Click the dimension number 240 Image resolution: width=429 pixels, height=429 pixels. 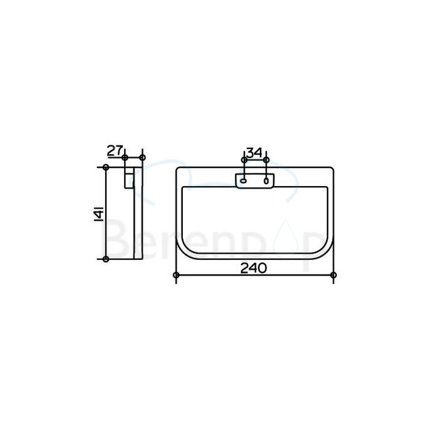pyautogui.click(x=253, y=268)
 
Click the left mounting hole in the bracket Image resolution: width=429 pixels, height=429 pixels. pyautogui.click(x=244, y=182)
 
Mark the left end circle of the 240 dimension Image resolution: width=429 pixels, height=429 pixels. pyautogui.click(x=176, y=276)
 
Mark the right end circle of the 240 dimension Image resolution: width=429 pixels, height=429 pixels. pyautogui.click(x=333, y=276)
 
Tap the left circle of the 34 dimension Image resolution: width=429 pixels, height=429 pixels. pyautogui.click(x=244, y=161)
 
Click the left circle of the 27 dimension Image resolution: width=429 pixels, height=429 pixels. pyautogui.click(x=125, y=157)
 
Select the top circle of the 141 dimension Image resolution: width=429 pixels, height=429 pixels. pyautogui.click(x=106, y=167)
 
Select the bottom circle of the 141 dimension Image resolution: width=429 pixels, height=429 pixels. pyautogui.click(x=106, y=259)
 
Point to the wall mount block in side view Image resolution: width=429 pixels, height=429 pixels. pyautogui.click(x=129, y=177)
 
